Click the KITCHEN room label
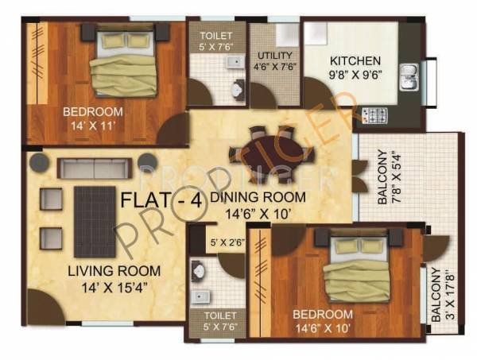[x=355, y=60]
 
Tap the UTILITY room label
[x=275, y=56]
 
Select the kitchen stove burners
[x=370, y=116]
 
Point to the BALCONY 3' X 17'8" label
[x=440, y=294]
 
